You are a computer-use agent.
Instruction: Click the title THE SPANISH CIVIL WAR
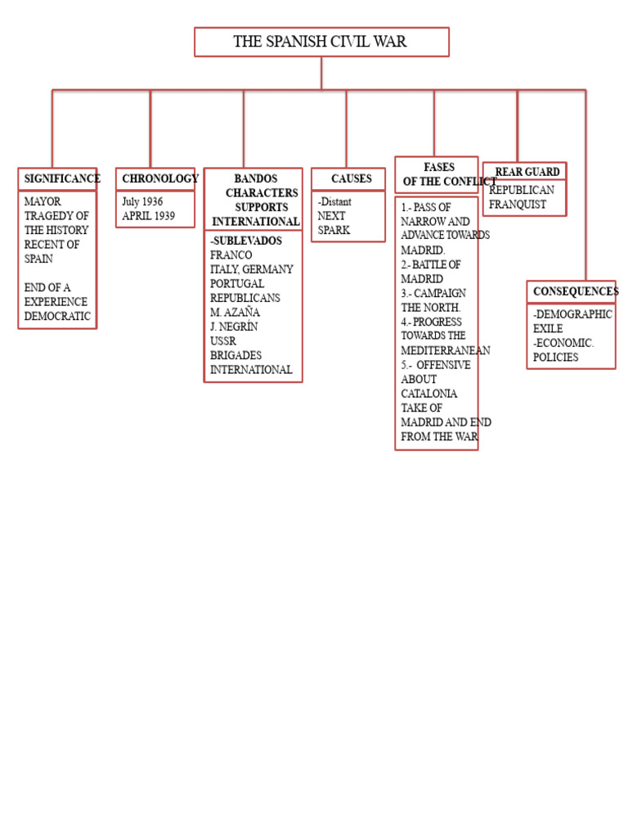click(x=320, y=42)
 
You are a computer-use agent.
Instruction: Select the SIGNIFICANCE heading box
click(x=57, y=179)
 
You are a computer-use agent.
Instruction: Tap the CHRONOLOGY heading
click(x=155, y=179)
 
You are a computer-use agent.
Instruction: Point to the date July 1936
click(x=142, y=201)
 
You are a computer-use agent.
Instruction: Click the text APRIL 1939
click(x=148, y=216)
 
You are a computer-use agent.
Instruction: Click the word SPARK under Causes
click(x=334, y=231)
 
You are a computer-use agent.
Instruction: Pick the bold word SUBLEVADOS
click(x=247, y=241)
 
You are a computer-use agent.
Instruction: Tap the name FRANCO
click(x=231, y=255)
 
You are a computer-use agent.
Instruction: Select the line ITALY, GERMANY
click(x=251, y=270)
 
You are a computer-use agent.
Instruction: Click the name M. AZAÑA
click(x=235, y=313)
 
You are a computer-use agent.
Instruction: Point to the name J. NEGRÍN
click(x=234, y=327)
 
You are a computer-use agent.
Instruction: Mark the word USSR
click(x=223, y=341)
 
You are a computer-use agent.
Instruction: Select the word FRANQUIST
click(x=518, y=205)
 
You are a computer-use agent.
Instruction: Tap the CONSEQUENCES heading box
click(x=572, y=292)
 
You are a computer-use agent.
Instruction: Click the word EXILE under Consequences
click(x=548, y=329)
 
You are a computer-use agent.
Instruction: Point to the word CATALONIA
click(x=429, y=394)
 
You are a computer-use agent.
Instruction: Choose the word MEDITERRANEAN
click(x=446, y=350)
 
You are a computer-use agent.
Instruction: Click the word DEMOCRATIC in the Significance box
click(x=57, y=316)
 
